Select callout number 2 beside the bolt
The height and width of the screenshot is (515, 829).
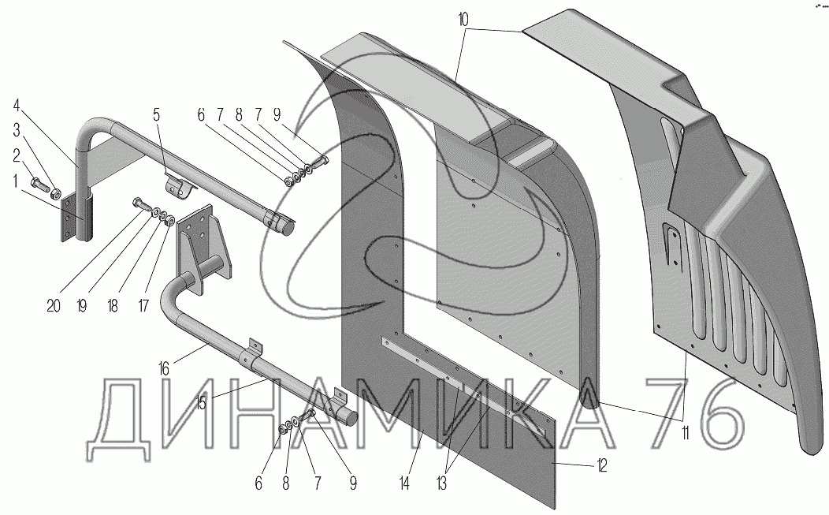17,155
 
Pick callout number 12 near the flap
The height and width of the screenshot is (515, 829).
602,466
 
